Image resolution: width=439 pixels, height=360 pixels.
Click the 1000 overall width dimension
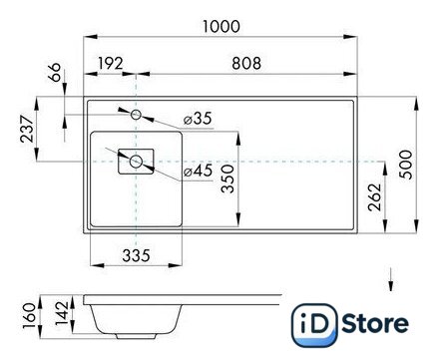pyautogui.click(x=221, y=27)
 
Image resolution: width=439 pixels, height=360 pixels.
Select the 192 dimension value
pyautogui.click(x=111, y=63)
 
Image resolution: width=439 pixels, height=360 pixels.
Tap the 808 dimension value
pyautogui.click(x=246, y=63)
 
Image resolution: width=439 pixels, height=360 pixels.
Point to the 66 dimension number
pyautogui.click(x=55, y=72)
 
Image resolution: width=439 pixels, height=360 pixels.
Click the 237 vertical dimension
pyautogui.click(x=27, y=129)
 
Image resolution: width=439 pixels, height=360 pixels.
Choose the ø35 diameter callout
pyautogui.click(x=198, y=119)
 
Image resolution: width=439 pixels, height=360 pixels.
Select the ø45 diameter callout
pyautogui.click(x=199, y=171)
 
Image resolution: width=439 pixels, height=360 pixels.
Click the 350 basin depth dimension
pyautogui.click(x=228, y=179)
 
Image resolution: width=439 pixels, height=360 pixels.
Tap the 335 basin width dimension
pyautogui.click(x=137, y=255)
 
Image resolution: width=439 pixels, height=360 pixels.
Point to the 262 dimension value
pyautogui.click(x=375, y=196)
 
